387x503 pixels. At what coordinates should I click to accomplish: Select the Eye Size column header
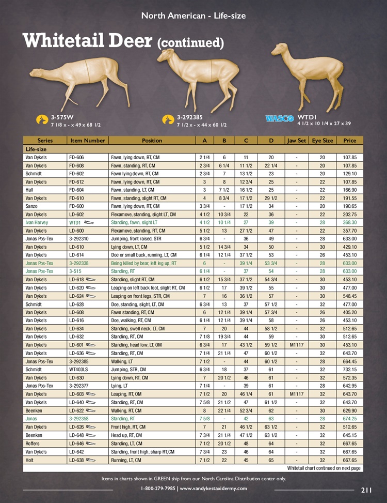click(x=322, y=140)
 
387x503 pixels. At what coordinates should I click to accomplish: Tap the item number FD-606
click(x=76, y=157)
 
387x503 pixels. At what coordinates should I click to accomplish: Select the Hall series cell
click(x=30, y=189)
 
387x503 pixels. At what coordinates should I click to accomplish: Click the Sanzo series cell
click(x=32, y=206)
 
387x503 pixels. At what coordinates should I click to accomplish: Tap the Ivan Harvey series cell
click(x=37, y=222)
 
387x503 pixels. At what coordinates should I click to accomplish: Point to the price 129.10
click(x=350, y=173)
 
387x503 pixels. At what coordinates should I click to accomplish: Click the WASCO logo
click(x=280, y=118)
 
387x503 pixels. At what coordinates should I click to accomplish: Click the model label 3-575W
click(x=64, y=117)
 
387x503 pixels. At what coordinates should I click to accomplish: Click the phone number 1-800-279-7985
click(x=158, y=489)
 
